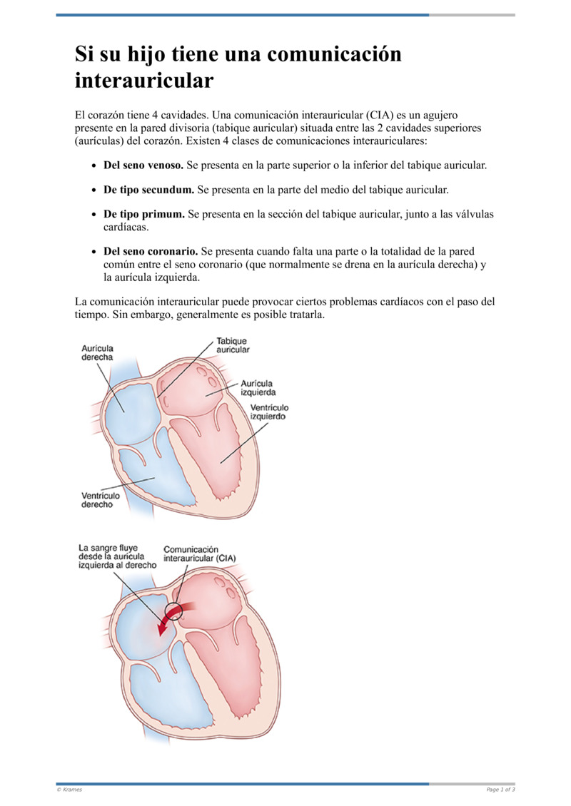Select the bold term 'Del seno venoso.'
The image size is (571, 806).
click(143, 165)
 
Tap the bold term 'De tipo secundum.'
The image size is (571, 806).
click(148, 190)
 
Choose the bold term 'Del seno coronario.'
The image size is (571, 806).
click(151, 252)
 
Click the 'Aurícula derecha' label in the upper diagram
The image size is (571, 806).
click(96, 352)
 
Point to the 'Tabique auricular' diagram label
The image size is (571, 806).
click(233, 345)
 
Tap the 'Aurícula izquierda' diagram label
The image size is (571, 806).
click(258, 387)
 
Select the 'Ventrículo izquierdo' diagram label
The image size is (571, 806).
click(269, 411)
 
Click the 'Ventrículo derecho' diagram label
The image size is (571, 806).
click(101, 499)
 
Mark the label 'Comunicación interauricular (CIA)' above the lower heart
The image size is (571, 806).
click(199, 554)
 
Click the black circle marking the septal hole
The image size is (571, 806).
click(173, 611)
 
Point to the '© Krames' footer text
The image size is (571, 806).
click(69, 790)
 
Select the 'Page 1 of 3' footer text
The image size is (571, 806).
click(500, 790)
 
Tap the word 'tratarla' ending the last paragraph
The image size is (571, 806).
click(303, 315)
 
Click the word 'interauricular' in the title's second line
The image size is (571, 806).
click(143, 80)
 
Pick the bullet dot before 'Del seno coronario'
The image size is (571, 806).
click(94, 252)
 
